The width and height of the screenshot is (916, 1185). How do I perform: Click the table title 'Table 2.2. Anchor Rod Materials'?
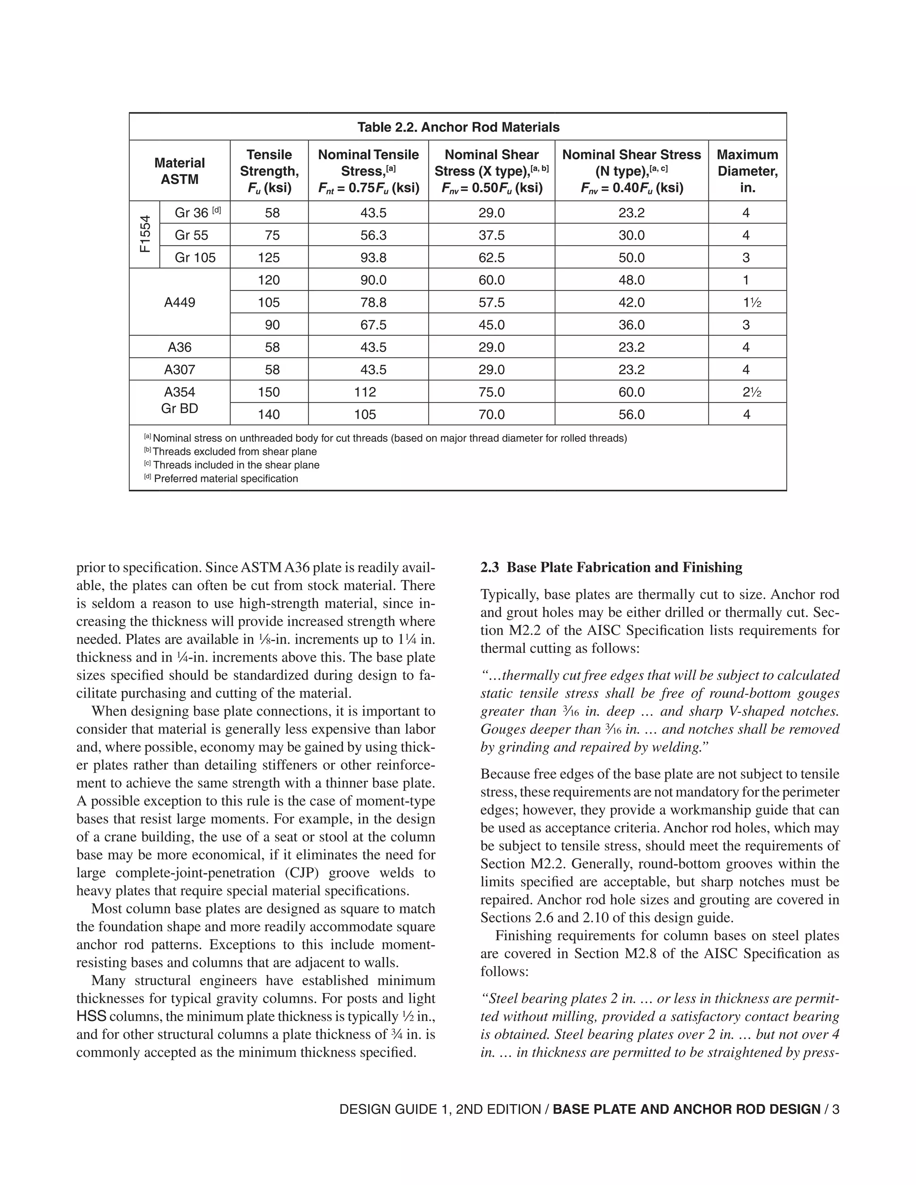click(458, 127)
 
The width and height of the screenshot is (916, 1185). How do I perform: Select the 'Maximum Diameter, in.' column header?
click(747, 171)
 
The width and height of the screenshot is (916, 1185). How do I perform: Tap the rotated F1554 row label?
click(144, 234)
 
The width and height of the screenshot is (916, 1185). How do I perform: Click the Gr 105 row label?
click(195, 258)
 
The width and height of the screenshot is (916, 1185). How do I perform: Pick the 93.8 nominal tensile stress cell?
click(373, 258)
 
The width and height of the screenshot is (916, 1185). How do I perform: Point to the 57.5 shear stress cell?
click(491, 302)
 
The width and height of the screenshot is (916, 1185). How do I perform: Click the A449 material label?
click(180, 302)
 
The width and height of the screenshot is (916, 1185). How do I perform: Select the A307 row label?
click(180, 369)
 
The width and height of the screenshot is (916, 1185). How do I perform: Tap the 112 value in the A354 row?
click(365, 392)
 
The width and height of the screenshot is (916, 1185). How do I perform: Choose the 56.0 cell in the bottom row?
click(631, 415)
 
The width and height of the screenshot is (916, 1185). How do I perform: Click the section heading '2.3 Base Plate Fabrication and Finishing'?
click(611, 567)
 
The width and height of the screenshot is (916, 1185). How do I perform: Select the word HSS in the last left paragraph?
click(91, 1016)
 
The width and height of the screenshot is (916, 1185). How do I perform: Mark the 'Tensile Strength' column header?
click(269, 171)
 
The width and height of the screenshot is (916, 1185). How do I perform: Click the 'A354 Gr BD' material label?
click(180, 400)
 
